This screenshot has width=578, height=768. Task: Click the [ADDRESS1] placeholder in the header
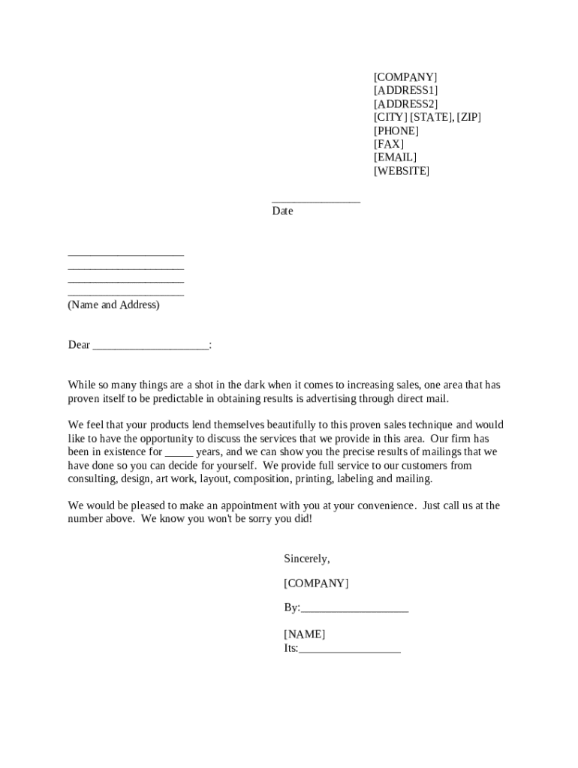click(405, 91)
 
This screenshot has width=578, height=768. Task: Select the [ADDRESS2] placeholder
click(405, 104)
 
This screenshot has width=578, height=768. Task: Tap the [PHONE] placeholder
click(396, 131)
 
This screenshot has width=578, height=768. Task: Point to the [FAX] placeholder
click(389, 144)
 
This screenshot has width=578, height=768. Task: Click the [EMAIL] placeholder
click(395, 157)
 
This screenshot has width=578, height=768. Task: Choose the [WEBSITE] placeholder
click(402, 171)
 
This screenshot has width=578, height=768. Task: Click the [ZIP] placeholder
click(468, 118)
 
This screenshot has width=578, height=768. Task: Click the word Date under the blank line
click(282, 211)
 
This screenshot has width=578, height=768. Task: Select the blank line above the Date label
click(316, 200)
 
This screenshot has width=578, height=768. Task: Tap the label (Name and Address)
click(113, 305)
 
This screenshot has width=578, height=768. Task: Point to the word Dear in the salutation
click(79, 345)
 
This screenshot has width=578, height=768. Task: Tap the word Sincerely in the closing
click(306, 559)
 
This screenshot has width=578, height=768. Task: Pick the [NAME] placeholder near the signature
click(304, 634)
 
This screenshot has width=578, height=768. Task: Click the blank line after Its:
click(349, 650)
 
